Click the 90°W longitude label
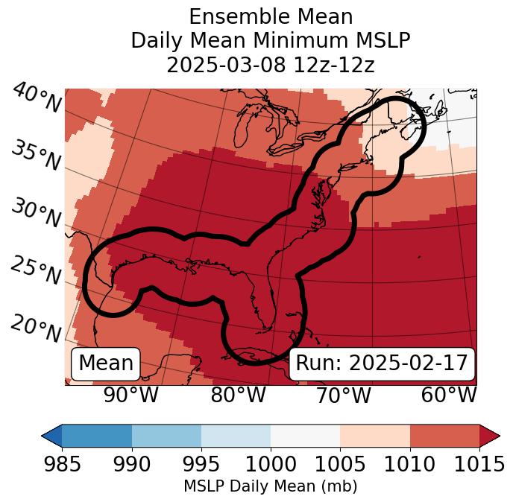click(130, 395)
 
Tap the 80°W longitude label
click(238, 395)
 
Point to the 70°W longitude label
click(343, 395)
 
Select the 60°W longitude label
click(449, 395)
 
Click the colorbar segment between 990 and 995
click(166, 435)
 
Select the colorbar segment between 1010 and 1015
click(444, 435)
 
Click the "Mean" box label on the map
click(106, 363)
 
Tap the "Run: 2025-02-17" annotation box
click(382, 363)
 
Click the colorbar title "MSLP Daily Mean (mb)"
click(271, 486)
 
